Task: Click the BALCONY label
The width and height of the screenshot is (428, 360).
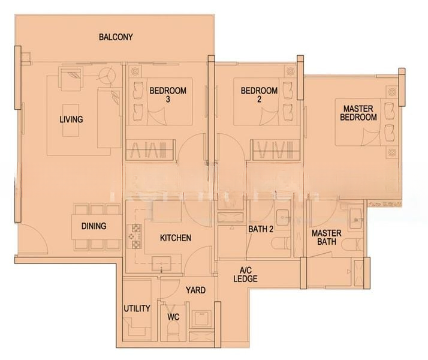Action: pos(116,37)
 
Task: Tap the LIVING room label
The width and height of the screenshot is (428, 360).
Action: pos(71,119)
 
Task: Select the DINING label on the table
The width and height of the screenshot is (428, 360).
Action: pos(94,226)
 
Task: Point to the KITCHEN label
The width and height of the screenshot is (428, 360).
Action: pos(176,238)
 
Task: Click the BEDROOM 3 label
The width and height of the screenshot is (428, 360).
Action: pos(168,95)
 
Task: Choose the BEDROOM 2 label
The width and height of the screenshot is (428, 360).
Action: pos(259,95)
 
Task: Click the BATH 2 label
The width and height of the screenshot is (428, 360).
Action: pos(261,229)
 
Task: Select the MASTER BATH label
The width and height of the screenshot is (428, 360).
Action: pos(326,238)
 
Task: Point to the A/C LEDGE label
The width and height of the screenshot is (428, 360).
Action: pos(246,274)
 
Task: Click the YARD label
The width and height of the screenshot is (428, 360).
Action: pos(195,290)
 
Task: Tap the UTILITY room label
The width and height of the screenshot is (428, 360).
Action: pos(137,308)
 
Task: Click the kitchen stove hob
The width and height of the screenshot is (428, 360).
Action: pos(135,236)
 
